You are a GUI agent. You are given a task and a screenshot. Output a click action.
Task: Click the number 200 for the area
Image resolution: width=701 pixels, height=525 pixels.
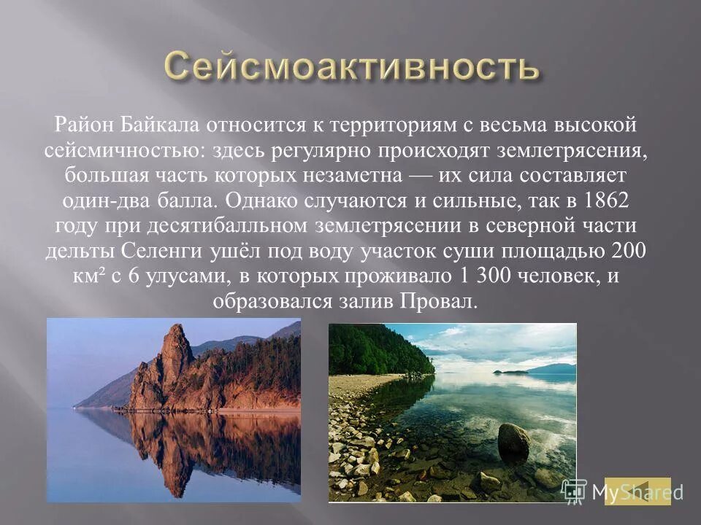(x=630, y=252)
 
